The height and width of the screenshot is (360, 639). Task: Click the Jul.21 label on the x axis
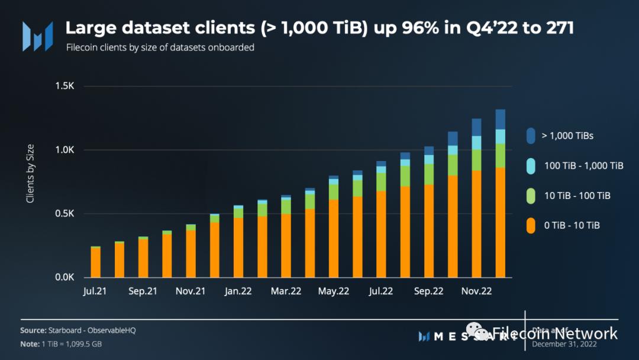(x=95, y=291)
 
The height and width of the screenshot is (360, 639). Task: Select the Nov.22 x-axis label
(x=476, y=291)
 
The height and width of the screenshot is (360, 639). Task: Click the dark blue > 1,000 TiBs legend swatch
(x=530, y=136)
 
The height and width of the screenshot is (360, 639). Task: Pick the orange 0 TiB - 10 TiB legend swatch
(x=530, y=226)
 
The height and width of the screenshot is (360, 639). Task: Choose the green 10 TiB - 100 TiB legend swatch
(x=530, y=195)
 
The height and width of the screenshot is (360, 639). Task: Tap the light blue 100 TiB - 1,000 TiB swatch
(x=530, y=166)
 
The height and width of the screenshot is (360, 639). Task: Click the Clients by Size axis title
(x=30, y=173)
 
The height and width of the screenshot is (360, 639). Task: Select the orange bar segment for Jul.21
(x=95, y=262)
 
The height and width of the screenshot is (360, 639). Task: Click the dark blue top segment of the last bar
(x=500, y=119)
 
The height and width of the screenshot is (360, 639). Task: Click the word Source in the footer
(x=33, y=330)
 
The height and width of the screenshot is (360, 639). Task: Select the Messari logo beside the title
(x=37, y=36)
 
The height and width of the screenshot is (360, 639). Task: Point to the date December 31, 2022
(x=564, y=343)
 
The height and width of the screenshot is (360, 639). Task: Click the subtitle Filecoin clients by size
(x=160, y=47)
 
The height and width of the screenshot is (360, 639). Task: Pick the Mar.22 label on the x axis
(x=286, y=291)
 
